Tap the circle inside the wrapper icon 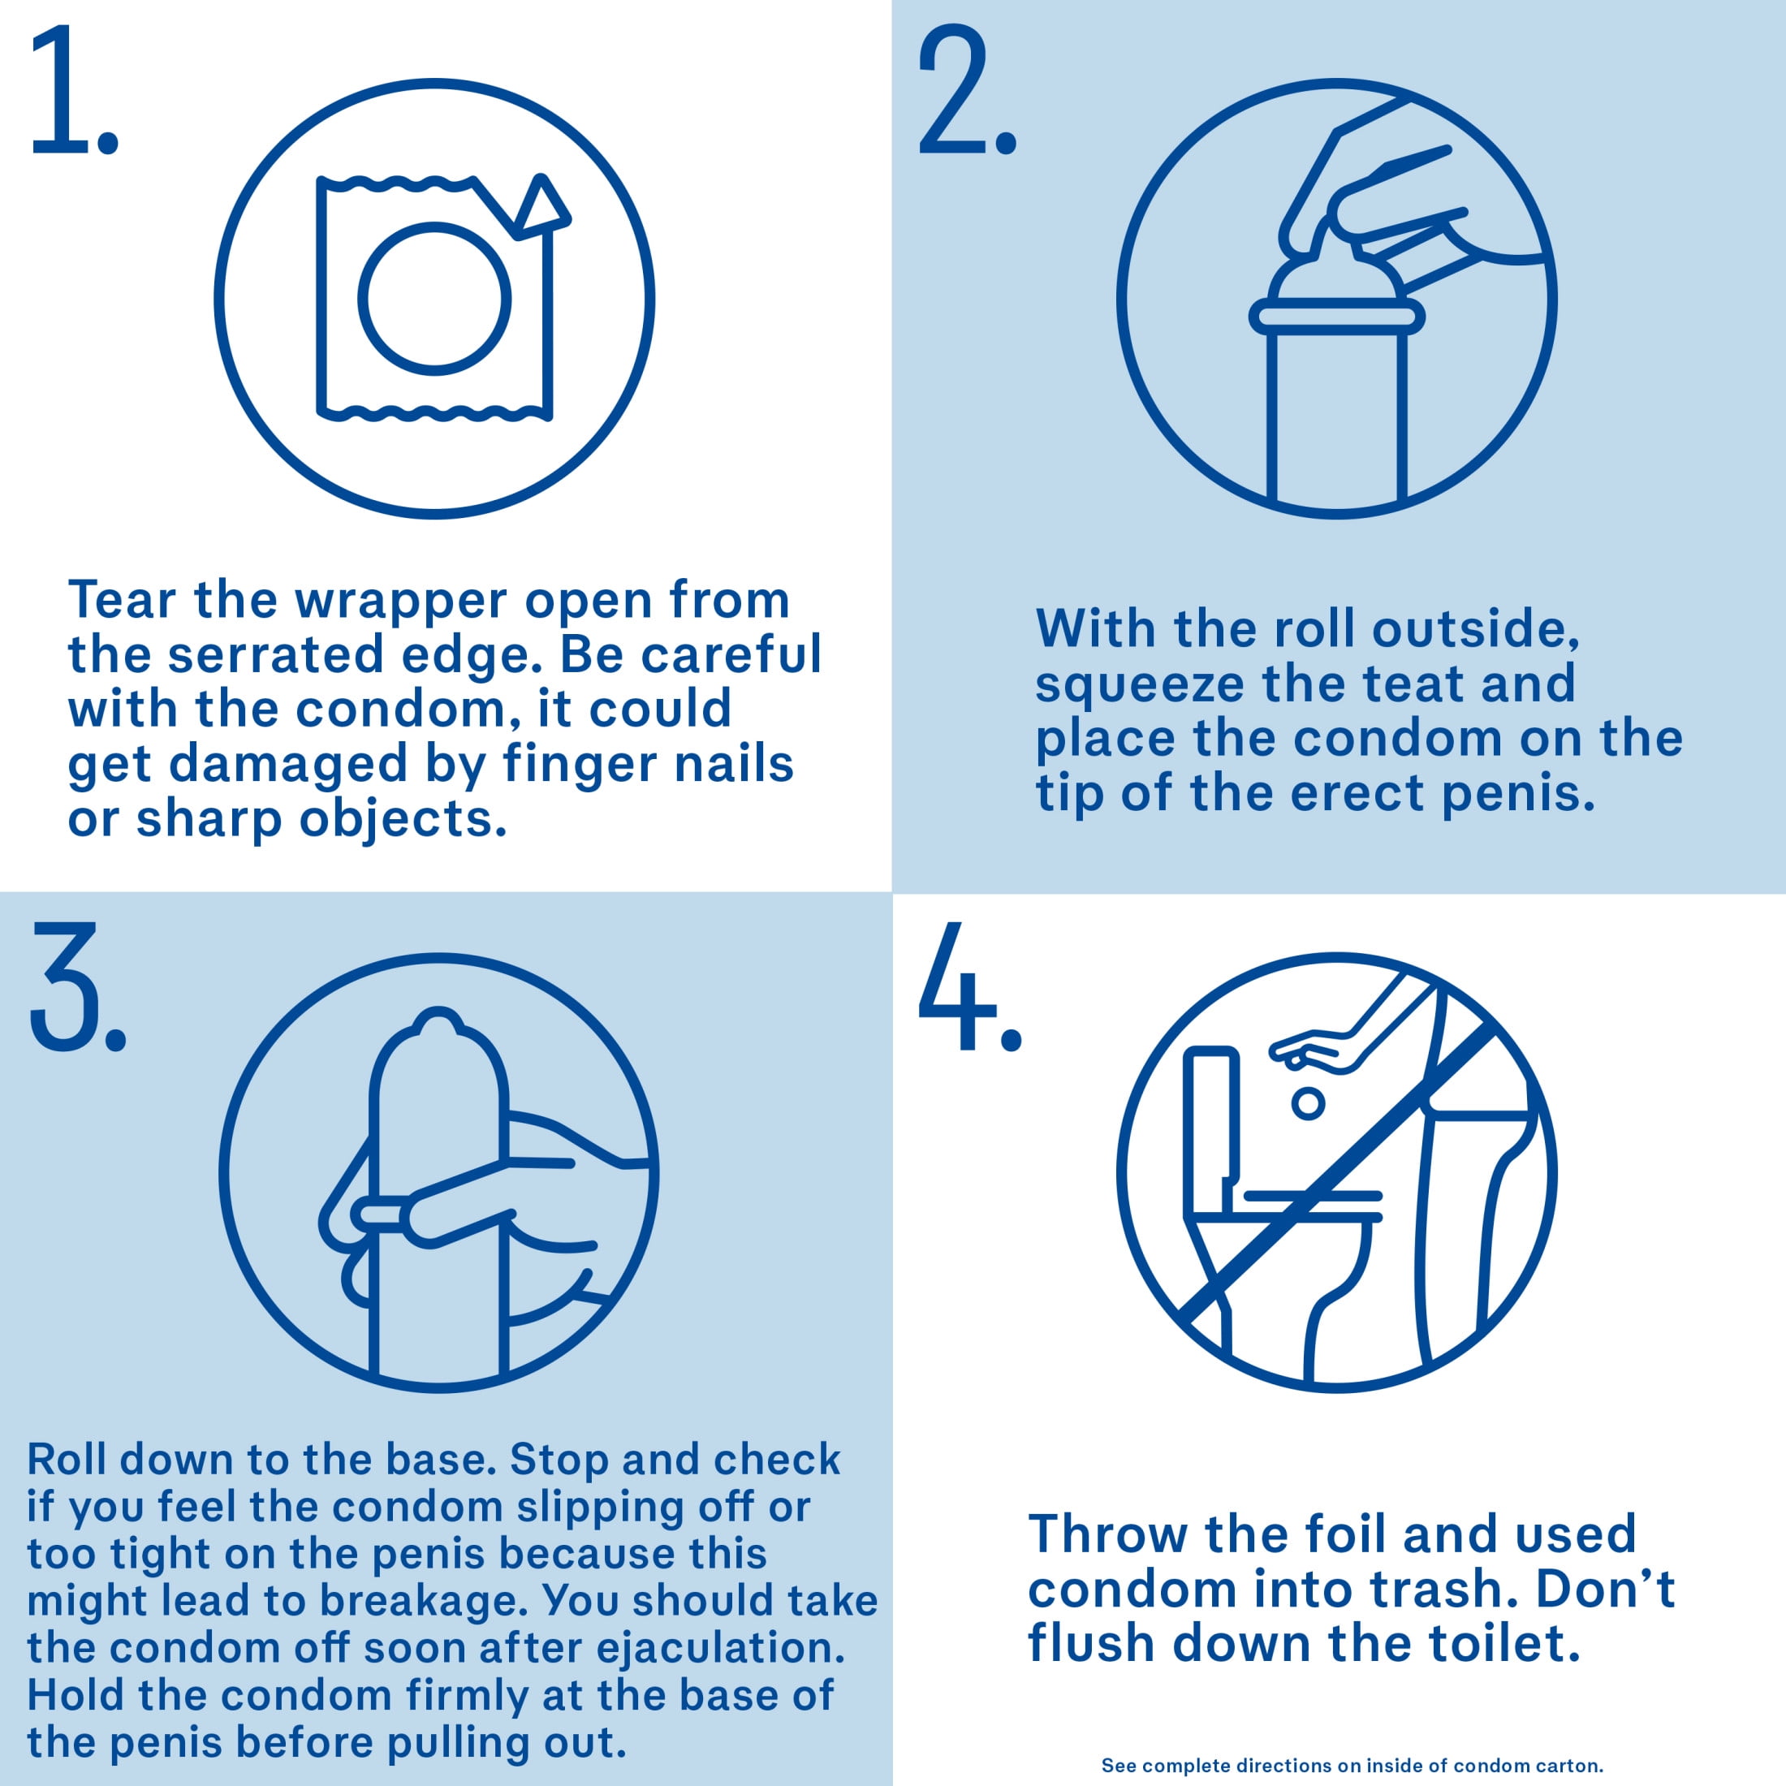(434, 299)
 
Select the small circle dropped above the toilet (1308, 1102)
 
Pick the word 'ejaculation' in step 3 (720, 1648)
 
